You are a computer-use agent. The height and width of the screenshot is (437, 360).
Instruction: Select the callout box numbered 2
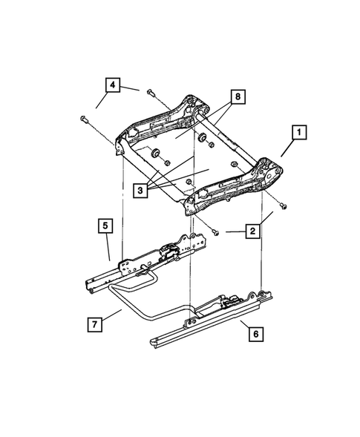(x=253, y=232)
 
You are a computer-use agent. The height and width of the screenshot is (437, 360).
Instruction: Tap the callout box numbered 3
(x=139, y=190)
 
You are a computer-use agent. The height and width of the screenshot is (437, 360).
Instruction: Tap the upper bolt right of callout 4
(x=151, y=93)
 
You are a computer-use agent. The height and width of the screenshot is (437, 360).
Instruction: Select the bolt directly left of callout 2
(x=215, y=232)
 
